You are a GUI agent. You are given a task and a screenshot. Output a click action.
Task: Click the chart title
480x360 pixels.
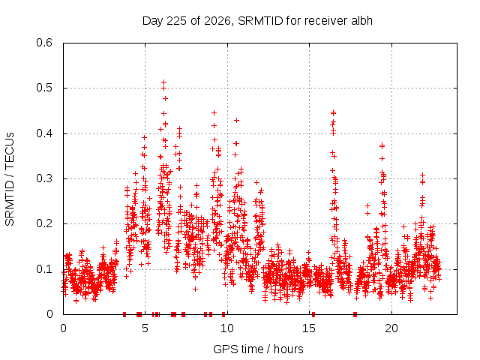(x=257, y=21)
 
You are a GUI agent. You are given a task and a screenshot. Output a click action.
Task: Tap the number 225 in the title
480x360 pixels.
(x=175, y=21)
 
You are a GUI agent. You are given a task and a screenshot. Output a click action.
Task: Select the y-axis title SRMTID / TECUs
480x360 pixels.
(x=10, y=179)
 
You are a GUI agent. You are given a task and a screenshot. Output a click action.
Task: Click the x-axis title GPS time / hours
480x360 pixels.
(x=258, y=349)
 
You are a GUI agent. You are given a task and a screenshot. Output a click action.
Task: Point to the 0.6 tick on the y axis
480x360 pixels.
(x=44, y=43)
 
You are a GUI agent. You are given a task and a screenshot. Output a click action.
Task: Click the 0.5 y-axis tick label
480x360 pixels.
(x=44, y=88)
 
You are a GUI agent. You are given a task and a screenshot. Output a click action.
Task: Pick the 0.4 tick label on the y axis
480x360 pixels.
(x=44, y=133)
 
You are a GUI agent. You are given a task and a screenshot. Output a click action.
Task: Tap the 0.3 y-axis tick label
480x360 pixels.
(x=44, y=178)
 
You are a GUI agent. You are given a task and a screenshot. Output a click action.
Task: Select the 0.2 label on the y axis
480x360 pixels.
(x=44, y=223)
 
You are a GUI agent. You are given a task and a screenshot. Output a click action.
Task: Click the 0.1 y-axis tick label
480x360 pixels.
(x=44, y=269)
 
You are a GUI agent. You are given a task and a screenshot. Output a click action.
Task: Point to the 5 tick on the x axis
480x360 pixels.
(x=145, y=328)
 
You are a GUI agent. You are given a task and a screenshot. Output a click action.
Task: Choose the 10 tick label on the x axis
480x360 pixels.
(x=227, y=328)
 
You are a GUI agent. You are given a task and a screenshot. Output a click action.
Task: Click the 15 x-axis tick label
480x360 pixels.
(x=309, y=328)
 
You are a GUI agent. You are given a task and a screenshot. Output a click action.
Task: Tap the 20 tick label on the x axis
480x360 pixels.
(x=391, y=328)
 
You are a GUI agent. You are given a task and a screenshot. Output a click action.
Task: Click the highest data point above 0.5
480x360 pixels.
(x=163, y=82)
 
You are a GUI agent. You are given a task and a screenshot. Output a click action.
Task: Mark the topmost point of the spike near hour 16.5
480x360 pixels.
(x=333, y=112)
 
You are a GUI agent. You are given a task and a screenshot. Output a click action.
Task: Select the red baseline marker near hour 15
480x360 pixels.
(x=313, y=314)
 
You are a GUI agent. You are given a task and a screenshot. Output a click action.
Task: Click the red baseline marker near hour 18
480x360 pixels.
(x=355, y=314)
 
